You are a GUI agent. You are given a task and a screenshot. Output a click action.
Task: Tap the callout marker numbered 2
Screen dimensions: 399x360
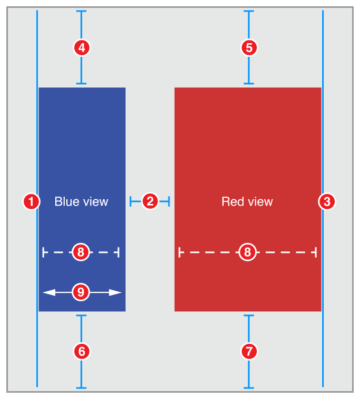tap(150, 201)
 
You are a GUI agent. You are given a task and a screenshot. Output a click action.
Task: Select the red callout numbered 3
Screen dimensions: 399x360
tap(327, 201)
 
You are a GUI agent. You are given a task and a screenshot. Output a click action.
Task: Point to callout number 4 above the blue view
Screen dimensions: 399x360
tap(81, 47)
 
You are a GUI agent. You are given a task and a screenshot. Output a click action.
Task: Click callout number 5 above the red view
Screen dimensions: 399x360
tap(249, 47)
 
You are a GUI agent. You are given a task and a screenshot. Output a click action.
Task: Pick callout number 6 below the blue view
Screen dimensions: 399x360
tap(81, 351)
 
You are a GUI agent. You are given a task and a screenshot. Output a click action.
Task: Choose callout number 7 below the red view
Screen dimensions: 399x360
tap(249, 351)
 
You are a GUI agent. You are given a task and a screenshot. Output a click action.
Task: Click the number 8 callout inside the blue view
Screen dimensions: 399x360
tap(81, 252)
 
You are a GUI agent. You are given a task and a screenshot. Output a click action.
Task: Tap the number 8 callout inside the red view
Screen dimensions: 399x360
tap(247, 252)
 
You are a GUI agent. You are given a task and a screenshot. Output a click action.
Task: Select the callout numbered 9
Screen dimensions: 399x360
tap(81, 292)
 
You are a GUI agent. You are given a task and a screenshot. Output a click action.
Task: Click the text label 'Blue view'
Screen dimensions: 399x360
tap(81, 201)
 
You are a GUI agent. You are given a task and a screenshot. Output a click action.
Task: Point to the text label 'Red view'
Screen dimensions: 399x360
tap(247, 201)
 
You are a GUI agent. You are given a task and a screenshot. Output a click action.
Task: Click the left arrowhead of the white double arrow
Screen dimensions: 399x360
tap(47, 292)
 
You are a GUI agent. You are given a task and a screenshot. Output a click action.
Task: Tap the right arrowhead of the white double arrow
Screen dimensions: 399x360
tap(117, 292)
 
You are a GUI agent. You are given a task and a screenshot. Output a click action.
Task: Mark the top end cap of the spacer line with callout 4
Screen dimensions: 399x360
tap(81, 11)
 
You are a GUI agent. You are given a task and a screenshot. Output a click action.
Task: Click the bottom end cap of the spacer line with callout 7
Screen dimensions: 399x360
tap(249, 388)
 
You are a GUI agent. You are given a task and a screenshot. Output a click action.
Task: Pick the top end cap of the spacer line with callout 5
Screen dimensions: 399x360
tap(249, 11)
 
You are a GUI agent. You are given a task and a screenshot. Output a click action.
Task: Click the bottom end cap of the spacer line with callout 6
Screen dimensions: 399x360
tap(81, 388)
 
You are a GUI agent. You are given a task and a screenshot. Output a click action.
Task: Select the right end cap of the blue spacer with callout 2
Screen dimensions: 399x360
tap(168, 201)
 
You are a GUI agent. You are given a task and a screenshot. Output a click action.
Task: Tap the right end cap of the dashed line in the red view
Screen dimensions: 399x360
tap(316, 252)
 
